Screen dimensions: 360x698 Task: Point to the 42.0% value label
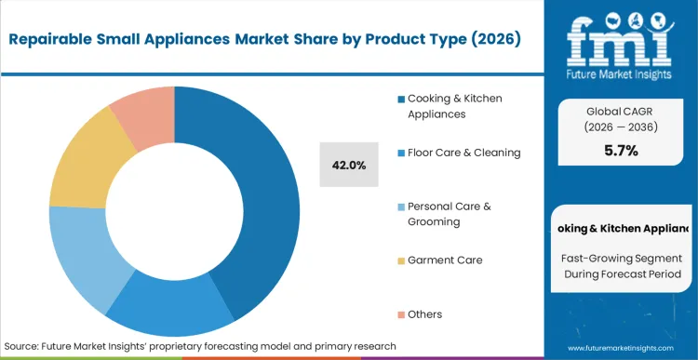(349, 165)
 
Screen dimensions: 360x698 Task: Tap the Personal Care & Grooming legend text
(448, 213)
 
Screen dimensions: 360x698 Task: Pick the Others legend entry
(424, 313)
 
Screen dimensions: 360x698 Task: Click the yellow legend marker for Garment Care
(400, 261)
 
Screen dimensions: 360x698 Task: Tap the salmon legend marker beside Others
(400, 314)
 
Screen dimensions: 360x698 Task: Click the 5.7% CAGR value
(621, 151)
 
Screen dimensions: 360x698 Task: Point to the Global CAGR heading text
(621, 111)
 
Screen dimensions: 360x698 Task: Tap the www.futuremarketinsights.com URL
(621, 346)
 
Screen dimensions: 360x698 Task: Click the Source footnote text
(200, 346)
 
